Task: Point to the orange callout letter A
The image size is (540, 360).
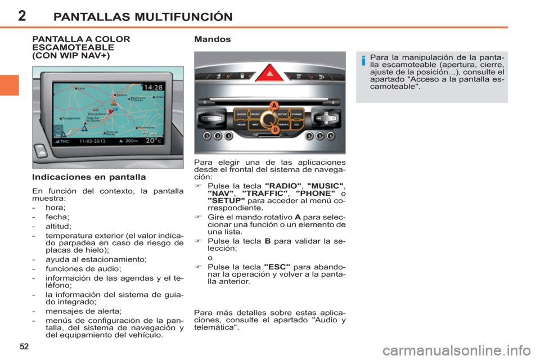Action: (274, 105)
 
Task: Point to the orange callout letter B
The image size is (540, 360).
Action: (276, 130)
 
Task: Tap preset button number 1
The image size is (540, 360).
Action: (208, 136)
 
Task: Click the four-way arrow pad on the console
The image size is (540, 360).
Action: (326, 118)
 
